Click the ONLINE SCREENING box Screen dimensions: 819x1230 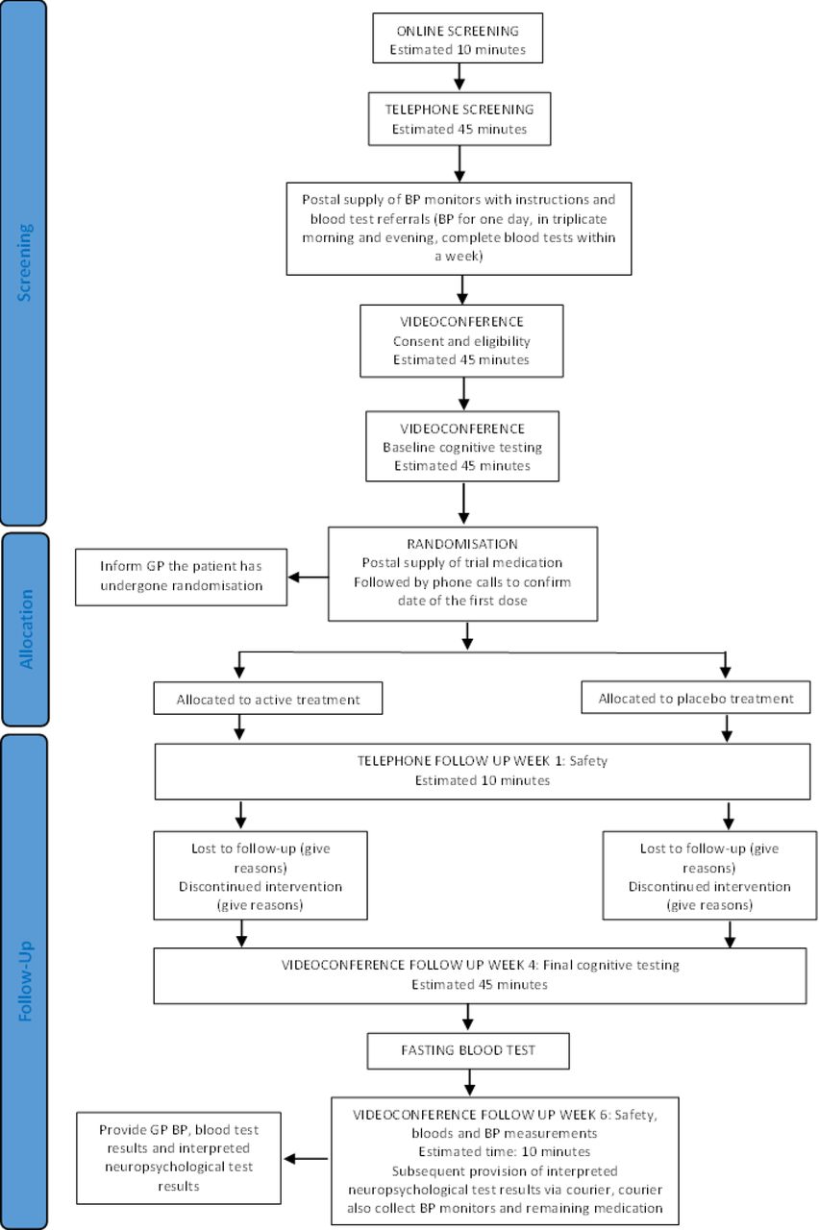(458, 37)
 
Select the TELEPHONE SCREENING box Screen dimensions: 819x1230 (459, 118)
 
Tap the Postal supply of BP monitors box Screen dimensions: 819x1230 (459, 229)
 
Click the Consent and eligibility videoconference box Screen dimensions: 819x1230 (461, 341)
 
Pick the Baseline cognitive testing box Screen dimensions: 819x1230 (462, 447)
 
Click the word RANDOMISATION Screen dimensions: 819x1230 (462, 544)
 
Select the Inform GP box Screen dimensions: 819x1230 (182, 577)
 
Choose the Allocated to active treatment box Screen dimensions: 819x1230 (268, 699)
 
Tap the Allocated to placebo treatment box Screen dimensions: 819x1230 (696, 698)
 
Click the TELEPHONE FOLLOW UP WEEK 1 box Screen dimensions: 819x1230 (483, 771)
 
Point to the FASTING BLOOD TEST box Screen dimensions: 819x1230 (468, 1051)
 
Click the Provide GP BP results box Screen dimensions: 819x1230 (179, 1158)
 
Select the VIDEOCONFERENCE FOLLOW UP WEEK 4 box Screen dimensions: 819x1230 (480, 975)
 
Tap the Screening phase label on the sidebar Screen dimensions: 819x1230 (25, 262)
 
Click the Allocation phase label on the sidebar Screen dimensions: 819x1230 (26, 629)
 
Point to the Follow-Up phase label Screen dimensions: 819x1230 (26, 981)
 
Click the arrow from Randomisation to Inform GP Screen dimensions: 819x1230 (309, 578)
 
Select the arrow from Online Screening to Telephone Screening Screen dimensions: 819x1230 (459, 77)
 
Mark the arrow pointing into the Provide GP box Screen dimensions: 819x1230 (306, 1159)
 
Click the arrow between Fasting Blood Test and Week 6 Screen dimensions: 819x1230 (469, 1083)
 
